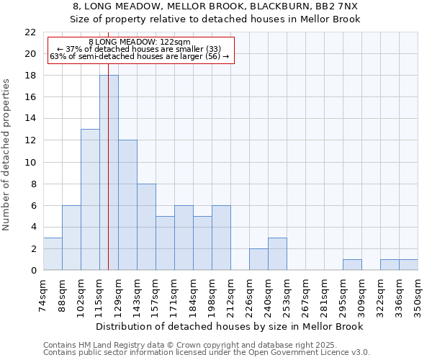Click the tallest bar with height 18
tap(109, 173)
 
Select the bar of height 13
tap(90, 199)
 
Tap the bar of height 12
tap(127, 205)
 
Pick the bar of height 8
tap(146, 227)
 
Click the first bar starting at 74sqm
tap(53, 253)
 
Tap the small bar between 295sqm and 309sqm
tap(352, 264)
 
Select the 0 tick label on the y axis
tap(32, 270)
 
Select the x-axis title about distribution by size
tap(230, 326)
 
